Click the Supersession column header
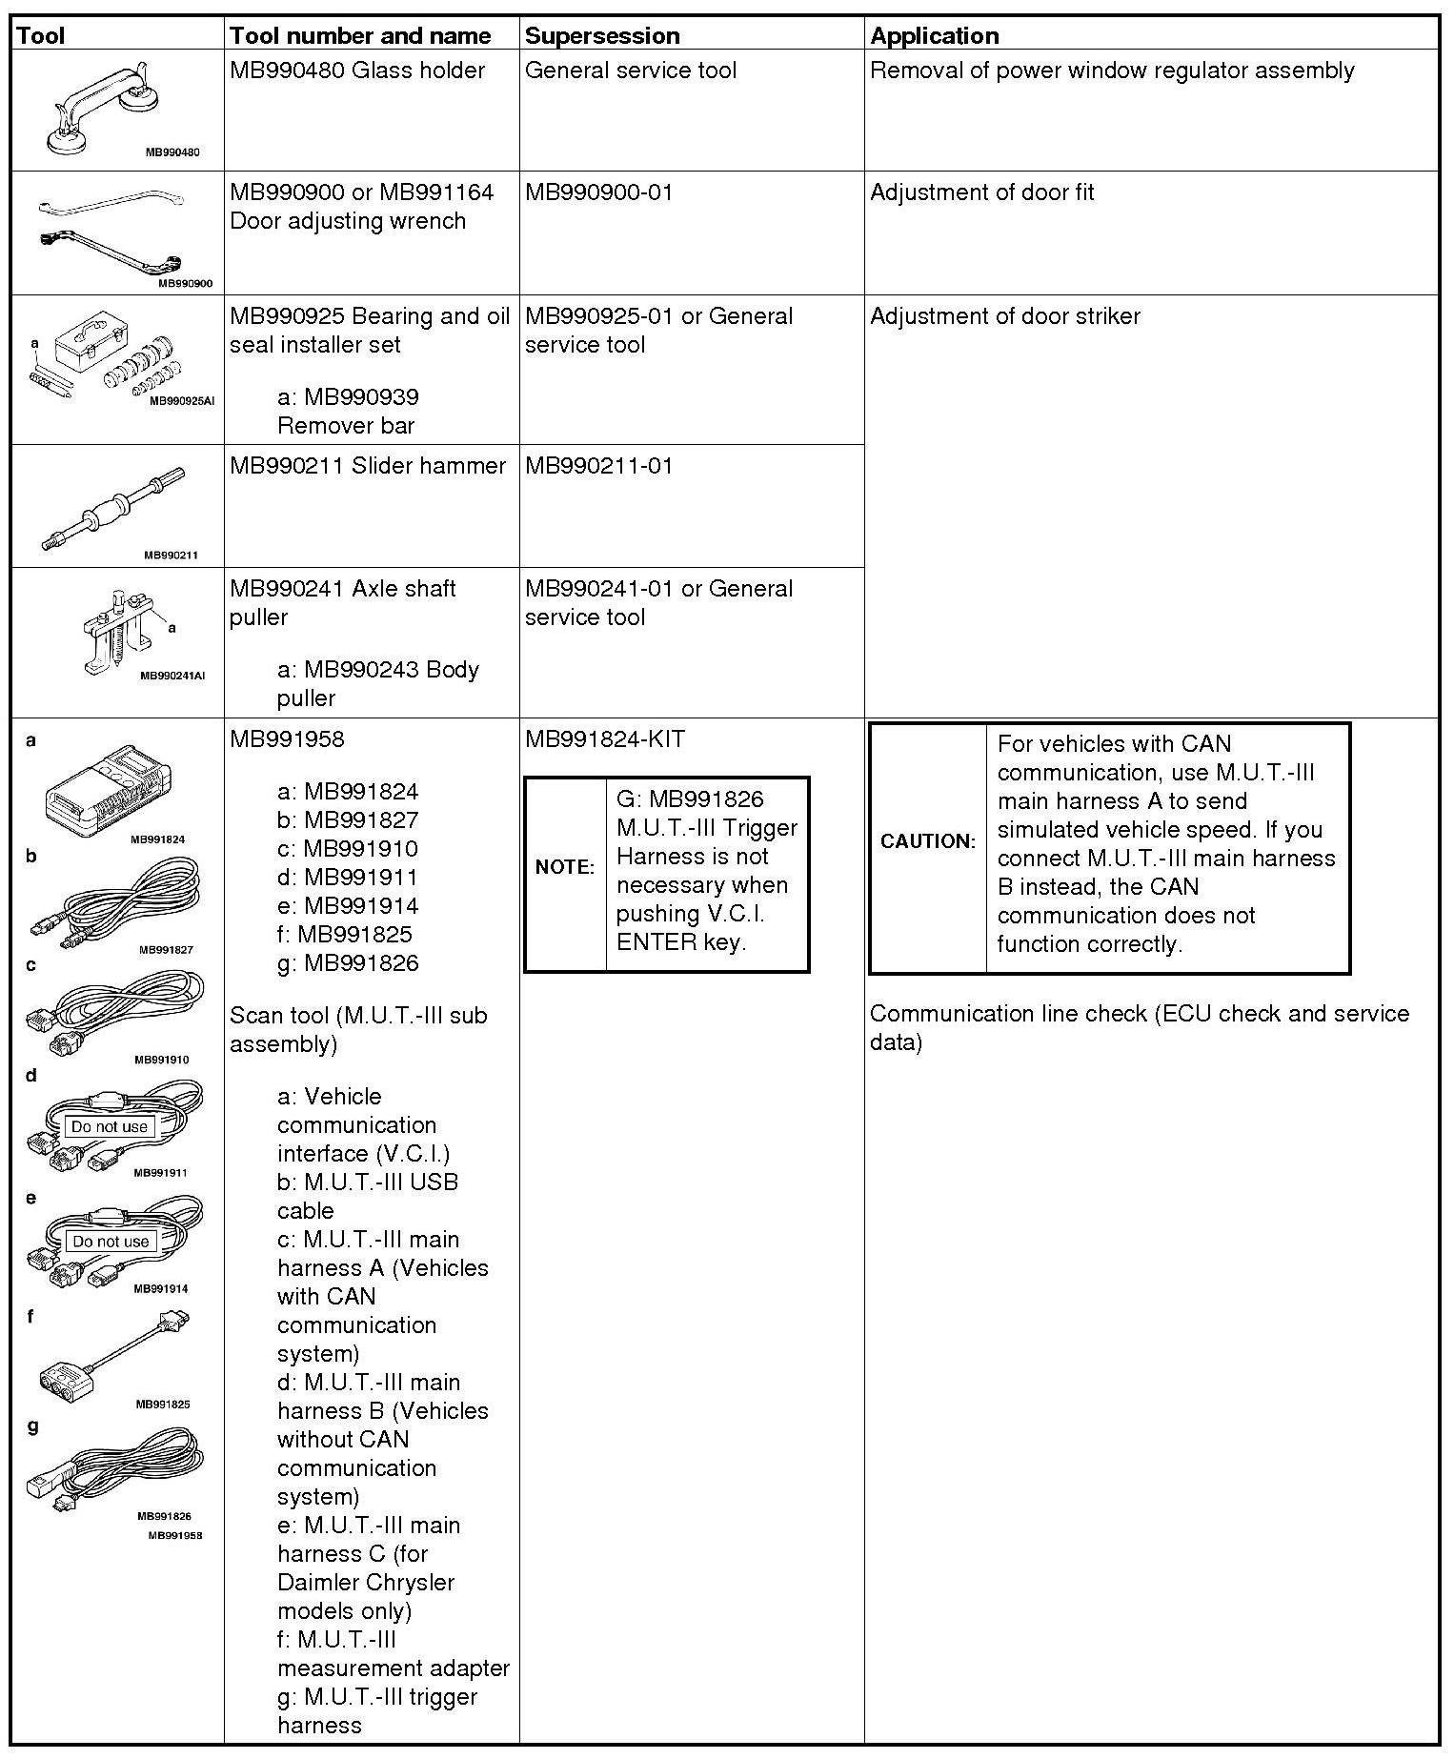[602, 36]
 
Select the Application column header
[934, 36]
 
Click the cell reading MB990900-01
[598, 192]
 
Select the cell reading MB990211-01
[598, 466]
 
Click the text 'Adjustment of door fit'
[981, 192]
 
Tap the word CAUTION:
[928, 841]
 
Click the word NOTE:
[565, 867]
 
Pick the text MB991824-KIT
[604, 739]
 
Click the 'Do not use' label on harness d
[111, 1126]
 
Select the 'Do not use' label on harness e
[111, 1242]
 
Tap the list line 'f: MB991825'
[345, 935]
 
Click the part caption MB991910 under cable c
[161, 1060]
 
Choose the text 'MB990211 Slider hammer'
[368, 466]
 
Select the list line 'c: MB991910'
[348, 849]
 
